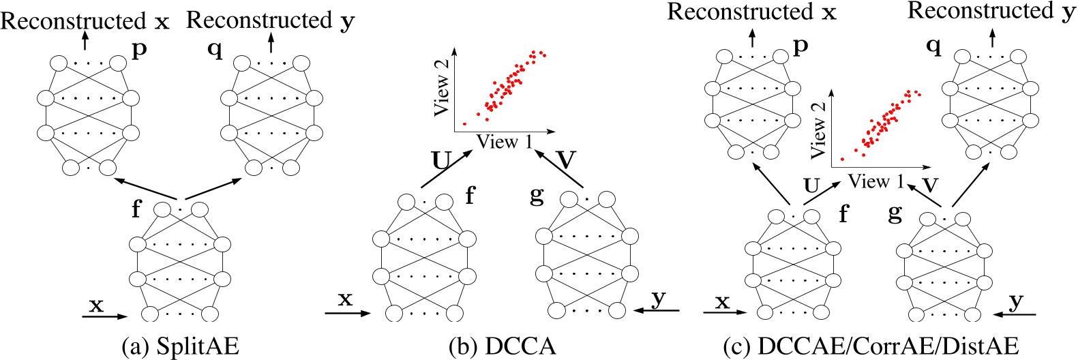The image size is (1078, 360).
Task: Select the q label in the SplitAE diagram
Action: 215,49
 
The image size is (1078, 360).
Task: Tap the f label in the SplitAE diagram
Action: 136,208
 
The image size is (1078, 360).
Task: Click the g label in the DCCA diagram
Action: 537,196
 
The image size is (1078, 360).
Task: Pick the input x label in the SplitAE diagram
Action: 96,305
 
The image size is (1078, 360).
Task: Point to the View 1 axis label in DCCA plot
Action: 505,142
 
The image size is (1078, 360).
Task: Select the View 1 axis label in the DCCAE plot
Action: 876,181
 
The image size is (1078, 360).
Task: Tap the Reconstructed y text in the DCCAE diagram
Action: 991,12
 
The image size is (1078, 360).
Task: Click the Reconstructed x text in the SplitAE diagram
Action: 85,21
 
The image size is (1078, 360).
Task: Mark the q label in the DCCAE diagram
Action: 933,46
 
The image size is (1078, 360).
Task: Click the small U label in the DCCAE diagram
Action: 811,185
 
